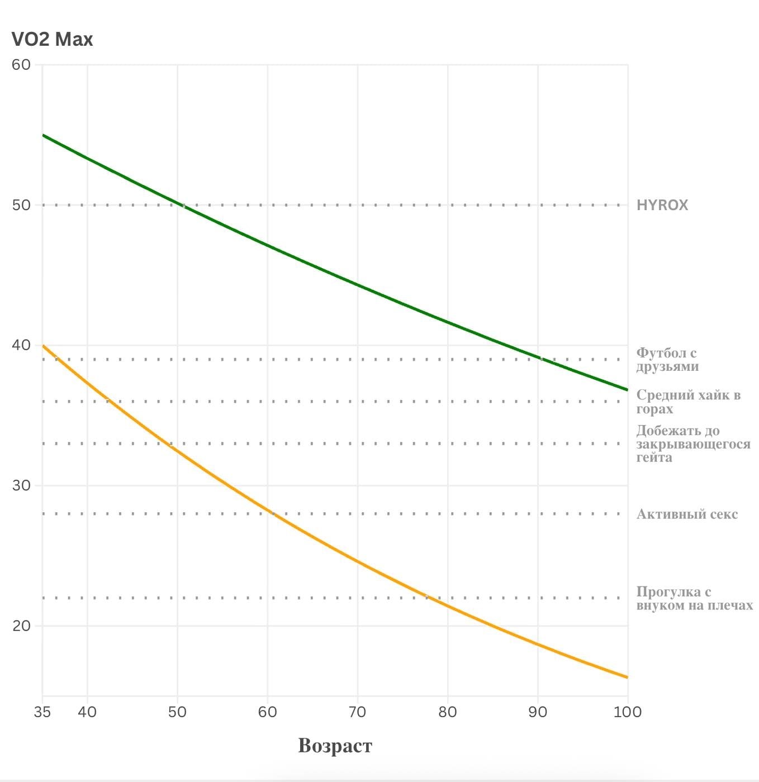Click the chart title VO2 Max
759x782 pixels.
click(52, 40)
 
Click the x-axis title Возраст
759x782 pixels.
click(335, 746)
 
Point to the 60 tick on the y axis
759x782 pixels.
click(21, 65)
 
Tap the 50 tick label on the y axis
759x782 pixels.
click(21, 205)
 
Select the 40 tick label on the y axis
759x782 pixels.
click(21, 345)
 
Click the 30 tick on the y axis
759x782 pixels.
click(21, 485)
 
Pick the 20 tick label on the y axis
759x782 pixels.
click(21, 626)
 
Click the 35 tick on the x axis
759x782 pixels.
click(42, 712)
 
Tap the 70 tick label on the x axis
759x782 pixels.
click(357, 712)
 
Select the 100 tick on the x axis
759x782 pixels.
click(628, 712)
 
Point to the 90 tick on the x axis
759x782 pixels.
click(538, 712)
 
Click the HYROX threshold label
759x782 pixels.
click(662, 205)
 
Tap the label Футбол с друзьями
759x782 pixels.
click(667, 360)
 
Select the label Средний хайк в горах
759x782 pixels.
click(688, 402)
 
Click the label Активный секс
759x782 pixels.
click(687, 514)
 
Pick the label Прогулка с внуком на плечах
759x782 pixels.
click(694, 598)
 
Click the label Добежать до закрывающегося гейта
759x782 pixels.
click(693, 444)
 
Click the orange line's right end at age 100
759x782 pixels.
click(627, 677)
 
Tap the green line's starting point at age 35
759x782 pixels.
click(43, 135)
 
